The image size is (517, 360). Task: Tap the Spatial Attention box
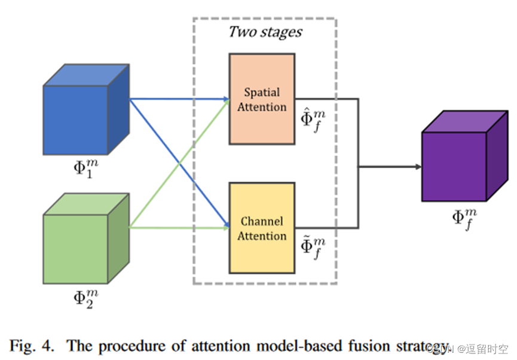pos(262,99)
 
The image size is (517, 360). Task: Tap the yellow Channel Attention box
pos(262,228)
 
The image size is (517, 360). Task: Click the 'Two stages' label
pos(265,32)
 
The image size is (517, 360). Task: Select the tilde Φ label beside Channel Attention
pos(313,248)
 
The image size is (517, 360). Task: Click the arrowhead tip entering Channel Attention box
pos(227,227)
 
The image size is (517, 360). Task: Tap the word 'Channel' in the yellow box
pos(262,221)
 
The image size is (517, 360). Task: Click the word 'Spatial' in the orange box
pos(262,93)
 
